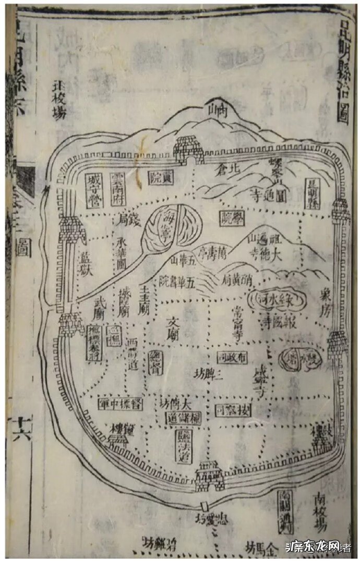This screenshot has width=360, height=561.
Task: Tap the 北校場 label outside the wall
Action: [58, 100]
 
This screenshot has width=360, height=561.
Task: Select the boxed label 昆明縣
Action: [313, 193]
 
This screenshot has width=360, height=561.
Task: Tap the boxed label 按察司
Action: [226, 406]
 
